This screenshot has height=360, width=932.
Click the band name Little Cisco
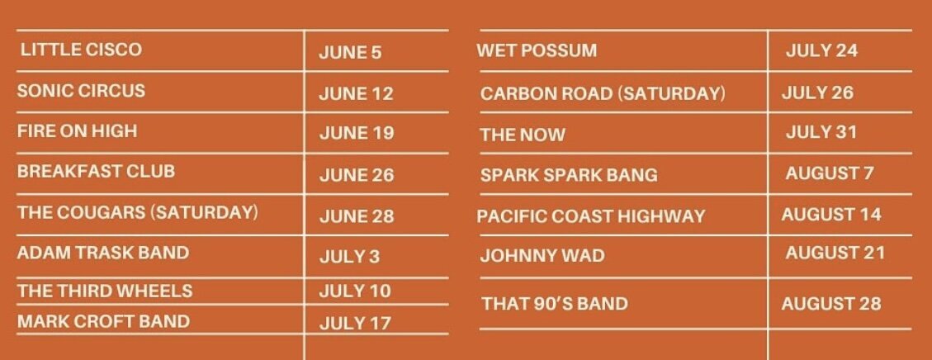(82, 50)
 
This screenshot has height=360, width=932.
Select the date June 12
(356, 94)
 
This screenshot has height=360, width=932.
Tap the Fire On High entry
(78, 130)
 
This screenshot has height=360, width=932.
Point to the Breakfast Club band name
(97, 171)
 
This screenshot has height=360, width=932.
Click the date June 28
(357, 216)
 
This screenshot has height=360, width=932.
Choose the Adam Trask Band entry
(103, 253)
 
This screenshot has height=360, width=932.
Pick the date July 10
(355, 291)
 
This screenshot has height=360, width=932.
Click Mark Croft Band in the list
(103, 321)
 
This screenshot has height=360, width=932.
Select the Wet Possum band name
(537, 50)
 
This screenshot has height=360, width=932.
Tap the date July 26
(817, 92)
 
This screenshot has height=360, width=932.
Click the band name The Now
(523, 135)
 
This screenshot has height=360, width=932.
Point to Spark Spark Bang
(570, 175)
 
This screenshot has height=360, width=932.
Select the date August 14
(831, 215)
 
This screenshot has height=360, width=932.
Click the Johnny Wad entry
(542, 256)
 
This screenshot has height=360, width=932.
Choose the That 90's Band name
(556, 304)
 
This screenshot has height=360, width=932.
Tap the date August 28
(831, 304)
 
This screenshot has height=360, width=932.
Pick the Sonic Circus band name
(81, 90)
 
